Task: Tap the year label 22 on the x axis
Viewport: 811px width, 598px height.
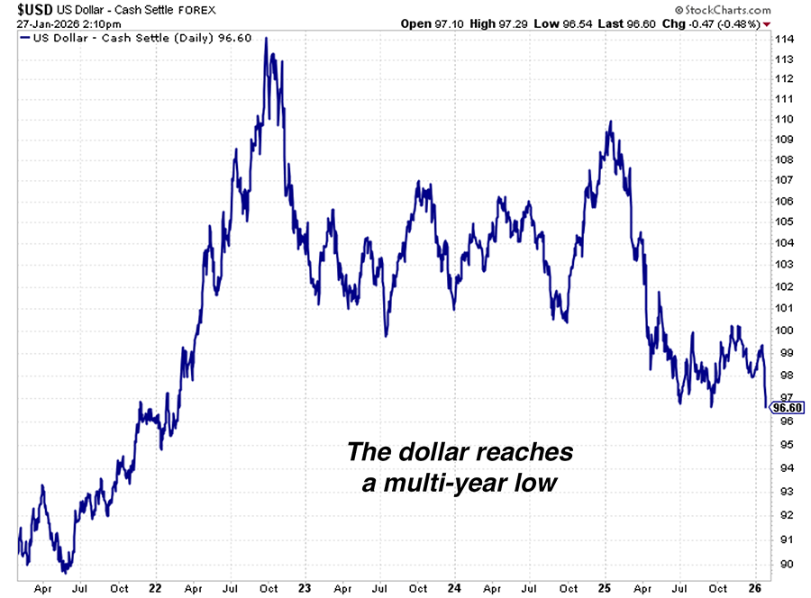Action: [155, 589]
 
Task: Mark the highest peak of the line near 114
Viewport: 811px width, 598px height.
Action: [267, 39]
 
